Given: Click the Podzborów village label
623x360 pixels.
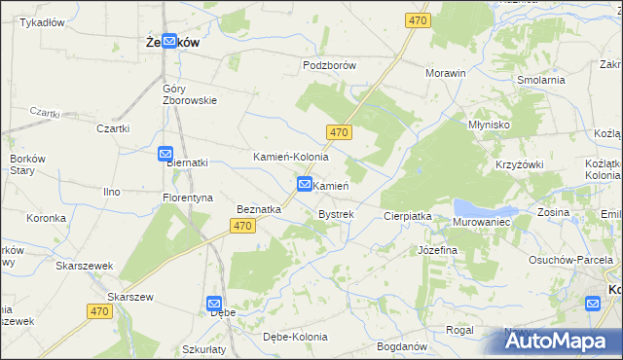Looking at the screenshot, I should click(x=329, y=65).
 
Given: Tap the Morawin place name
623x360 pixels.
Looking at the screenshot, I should click(x=446, y=73).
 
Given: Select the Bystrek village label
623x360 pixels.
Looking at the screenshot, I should click(x=336, y=213).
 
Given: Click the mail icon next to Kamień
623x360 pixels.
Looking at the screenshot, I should click(x=305, y=184).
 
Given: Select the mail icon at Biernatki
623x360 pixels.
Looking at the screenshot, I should click(x=165, y=154).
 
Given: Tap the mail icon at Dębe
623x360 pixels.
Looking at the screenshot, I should click(x=214, y=304).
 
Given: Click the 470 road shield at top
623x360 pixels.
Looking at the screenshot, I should click(x=419, y=19).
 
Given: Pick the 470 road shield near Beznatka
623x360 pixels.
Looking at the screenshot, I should click(x=243, y=226).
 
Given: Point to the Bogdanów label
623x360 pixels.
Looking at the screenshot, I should click(x=401, y=346).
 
